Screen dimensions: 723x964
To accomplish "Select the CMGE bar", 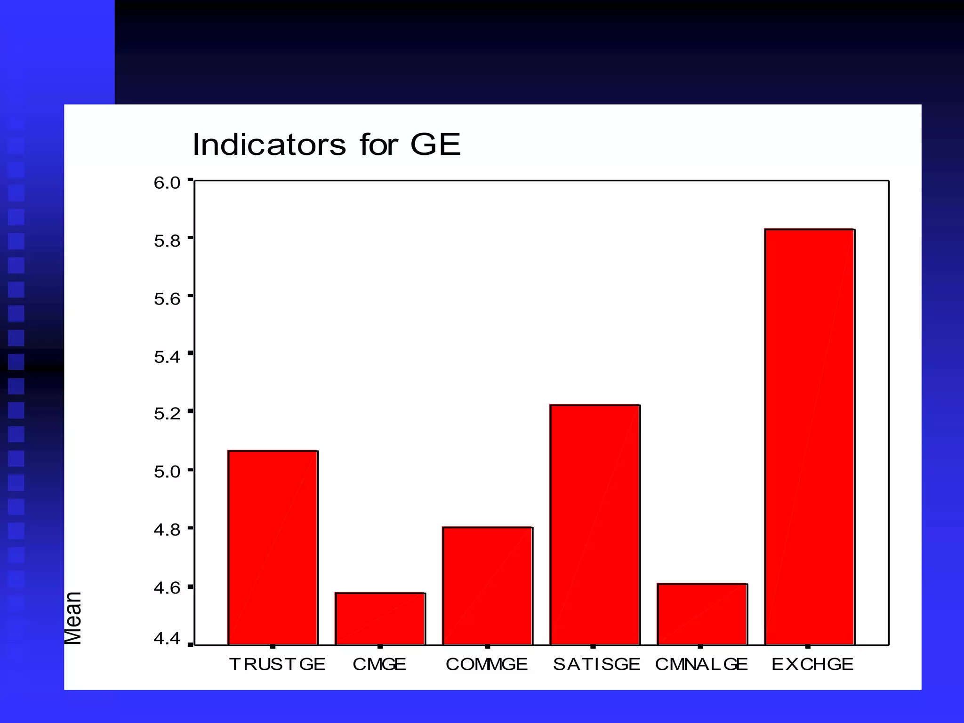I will (380, 619).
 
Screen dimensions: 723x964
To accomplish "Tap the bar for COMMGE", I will (487, 586).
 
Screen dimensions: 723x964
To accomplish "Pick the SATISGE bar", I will (594, 524).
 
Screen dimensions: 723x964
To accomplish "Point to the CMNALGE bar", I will (702, 614).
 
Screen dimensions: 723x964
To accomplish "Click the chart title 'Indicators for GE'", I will (326, 145).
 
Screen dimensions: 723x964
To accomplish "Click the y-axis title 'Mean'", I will (73, 618).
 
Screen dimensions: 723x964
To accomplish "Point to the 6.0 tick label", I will (167, 183).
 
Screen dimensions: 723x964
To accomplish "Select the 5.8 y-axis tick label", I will (167, 241).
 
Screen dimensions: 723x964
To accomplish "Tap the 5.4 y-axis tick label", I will (167, 357).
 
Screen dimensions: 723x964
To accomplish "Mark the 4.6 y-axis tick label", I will (167, 587).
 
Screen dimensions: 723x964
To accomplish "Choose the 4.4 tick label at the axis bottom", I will (167, 639).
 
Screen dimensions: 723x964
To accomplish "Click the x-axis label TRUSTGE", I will (277, 664).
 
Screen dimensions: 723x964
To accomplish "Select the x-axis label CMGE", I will (379, 664).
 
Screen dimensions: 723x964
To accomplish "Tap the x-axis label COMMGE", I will (487, 664).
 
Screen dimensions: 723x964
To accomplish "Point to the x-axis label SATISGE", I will (596, 664).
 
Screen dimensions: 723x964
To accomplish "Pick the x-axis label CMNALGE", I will (701, 664).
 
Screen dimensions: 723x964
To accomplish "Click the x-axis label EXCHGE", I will (812, 664).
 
